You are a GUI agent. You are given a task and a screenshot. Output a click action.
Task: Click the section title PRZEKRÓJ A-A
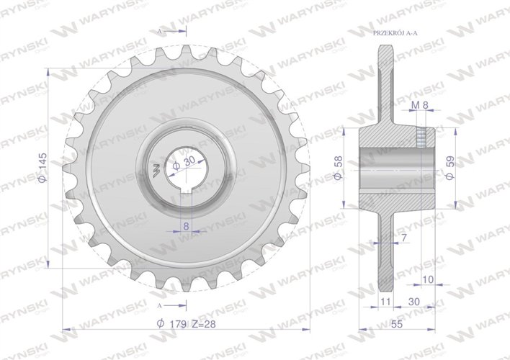click(397, 34)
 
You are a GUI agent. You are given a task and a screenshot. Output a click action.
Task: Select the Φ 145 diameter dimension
click(42, 168)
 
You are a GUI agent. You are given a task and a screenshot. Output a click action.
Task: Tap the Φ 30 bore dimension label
click(184, 163)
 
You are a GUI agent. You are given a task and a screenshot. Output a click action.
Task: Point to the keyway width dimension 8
click(186, 225)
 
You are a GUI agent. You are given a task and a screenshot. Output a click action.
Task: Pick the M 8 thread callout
click(419, 105)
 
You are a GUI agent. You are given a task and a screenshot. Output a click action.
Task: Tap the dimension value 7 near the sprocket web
click(403, 237)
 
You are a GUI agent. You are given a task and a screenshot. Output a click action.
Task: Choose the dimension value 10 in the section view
click(428, 279)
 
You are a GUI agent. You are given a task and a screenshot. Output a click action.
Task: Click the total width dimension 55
click(396, 323)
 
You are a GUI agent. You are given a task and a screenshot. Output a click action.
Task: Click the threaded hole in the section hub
click(421, 137)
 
